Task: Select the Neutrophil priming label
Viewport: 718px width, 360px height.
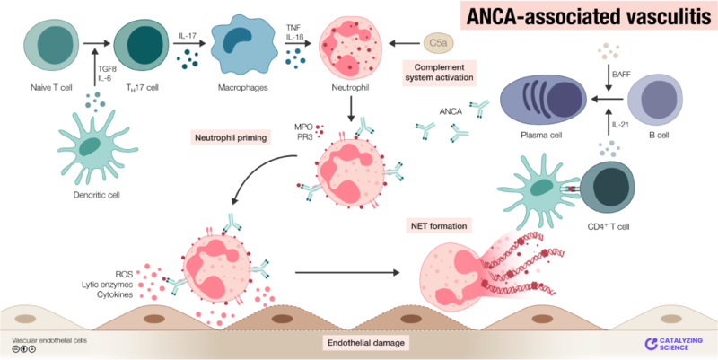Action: pyautogui.click(x=229, y=139)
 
